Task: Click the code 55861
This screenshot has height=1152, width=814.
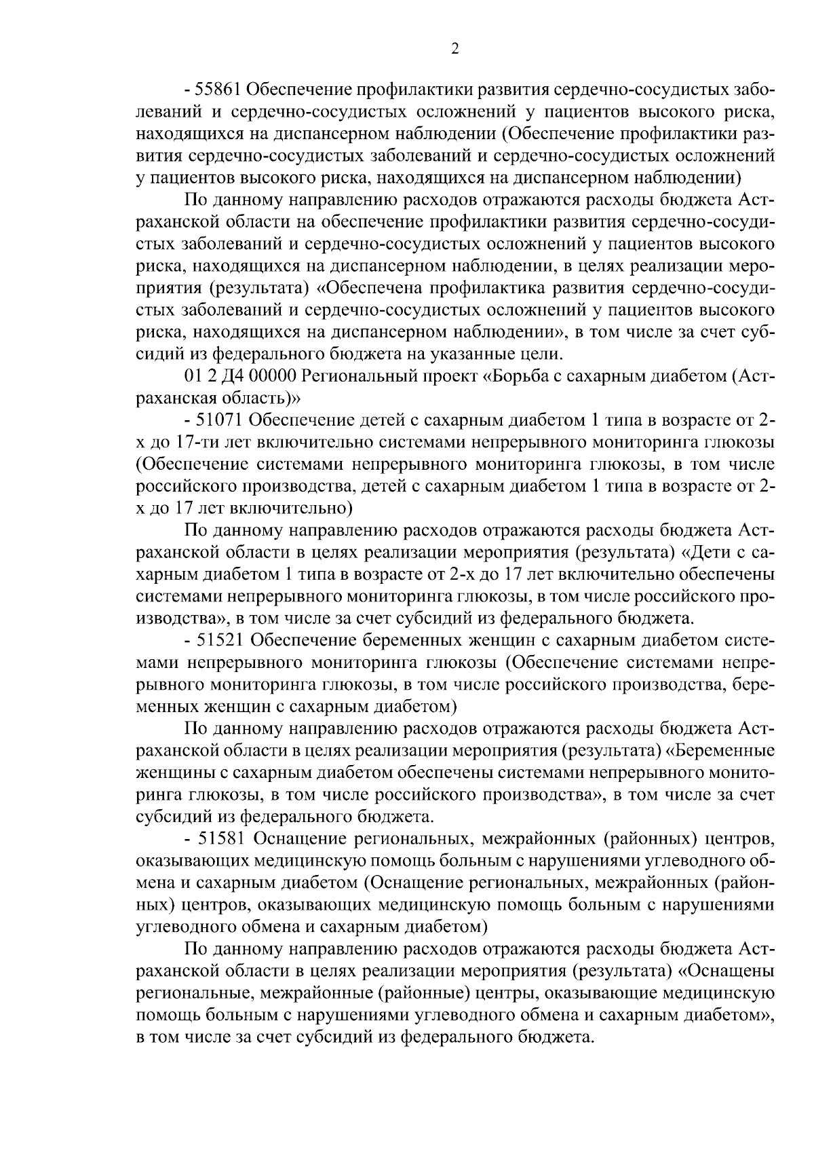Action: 220,90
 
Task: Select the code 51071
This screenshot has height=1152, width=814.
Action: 220,421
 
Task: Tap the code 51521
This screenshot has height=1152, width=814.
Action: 220,641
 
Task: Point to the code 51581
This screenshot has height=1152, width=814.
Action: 220,839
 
